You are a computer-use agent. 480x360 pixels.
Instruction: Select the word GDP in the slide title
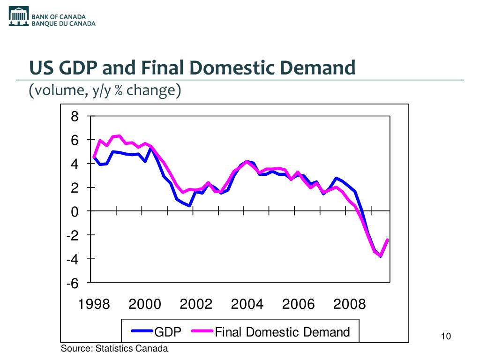coord(77,68)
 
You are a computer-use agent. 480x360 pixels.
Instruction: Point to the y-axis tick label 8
coord(75,117)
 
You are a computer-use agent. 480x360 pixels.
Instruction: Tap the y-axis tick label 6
coord(75,140)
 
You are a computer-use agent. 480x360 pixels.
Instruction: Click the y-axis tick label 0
coord(75,212)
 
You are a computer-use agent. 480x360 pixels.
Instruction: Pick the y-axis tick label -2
coord(72,236)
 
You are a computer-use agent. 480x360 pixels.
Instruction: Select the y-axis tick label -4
coord(72,259)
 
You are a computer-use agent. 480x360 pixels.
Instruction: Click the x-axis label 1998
coord(94,305)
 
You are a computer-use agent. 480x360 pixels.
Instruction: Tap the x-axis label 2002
coord(196,305)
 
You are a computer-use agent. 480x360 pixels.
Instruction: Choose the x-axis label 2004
coord(247,305)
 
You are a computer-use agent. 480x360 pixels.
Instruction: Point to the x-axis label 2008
coord(349,305)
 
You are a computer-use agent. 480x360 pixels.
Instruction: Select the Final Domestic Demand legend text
coord(282,332)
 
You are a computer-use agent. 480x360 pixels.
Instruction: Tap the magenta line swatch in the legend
coord(202,332)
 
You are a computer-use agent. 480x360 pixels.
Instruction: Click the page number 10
coord(446,337)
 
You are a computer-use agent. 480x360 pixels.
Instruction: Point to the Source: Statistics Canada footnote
coord(114,348)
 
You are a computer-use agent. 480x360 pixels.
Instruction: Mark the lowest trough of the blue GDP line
coord(381,255)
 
